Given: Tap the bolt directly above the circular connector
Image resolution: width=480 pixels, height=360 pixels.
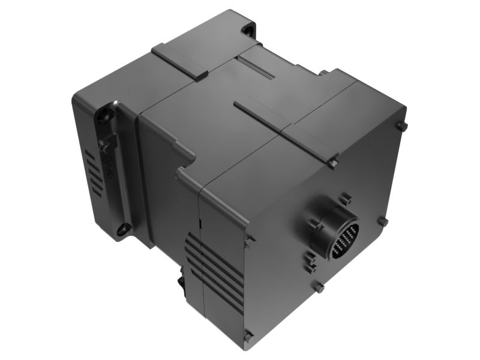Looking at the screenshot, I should [344, 199].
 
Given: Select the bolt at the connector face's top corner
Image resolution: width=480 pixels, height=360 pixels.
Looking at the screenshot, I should [402, 126].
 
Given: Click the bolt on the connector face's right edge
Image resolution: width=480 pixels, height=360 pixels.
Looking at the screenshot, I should [382, 221].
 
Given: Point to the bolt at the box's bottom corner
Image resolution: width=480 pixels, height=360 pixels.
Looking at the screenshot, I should [248, 337].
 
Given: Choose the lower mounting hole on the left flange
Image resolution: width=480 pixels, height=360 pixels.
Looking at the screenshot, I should [124, 228].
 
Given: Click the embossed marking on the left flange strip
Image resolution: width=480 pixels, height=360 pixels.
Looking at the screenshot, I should [109, 165].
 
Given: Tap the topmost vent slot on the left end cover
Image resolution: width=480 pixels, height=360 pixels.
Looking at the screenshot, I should [89, 155].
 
